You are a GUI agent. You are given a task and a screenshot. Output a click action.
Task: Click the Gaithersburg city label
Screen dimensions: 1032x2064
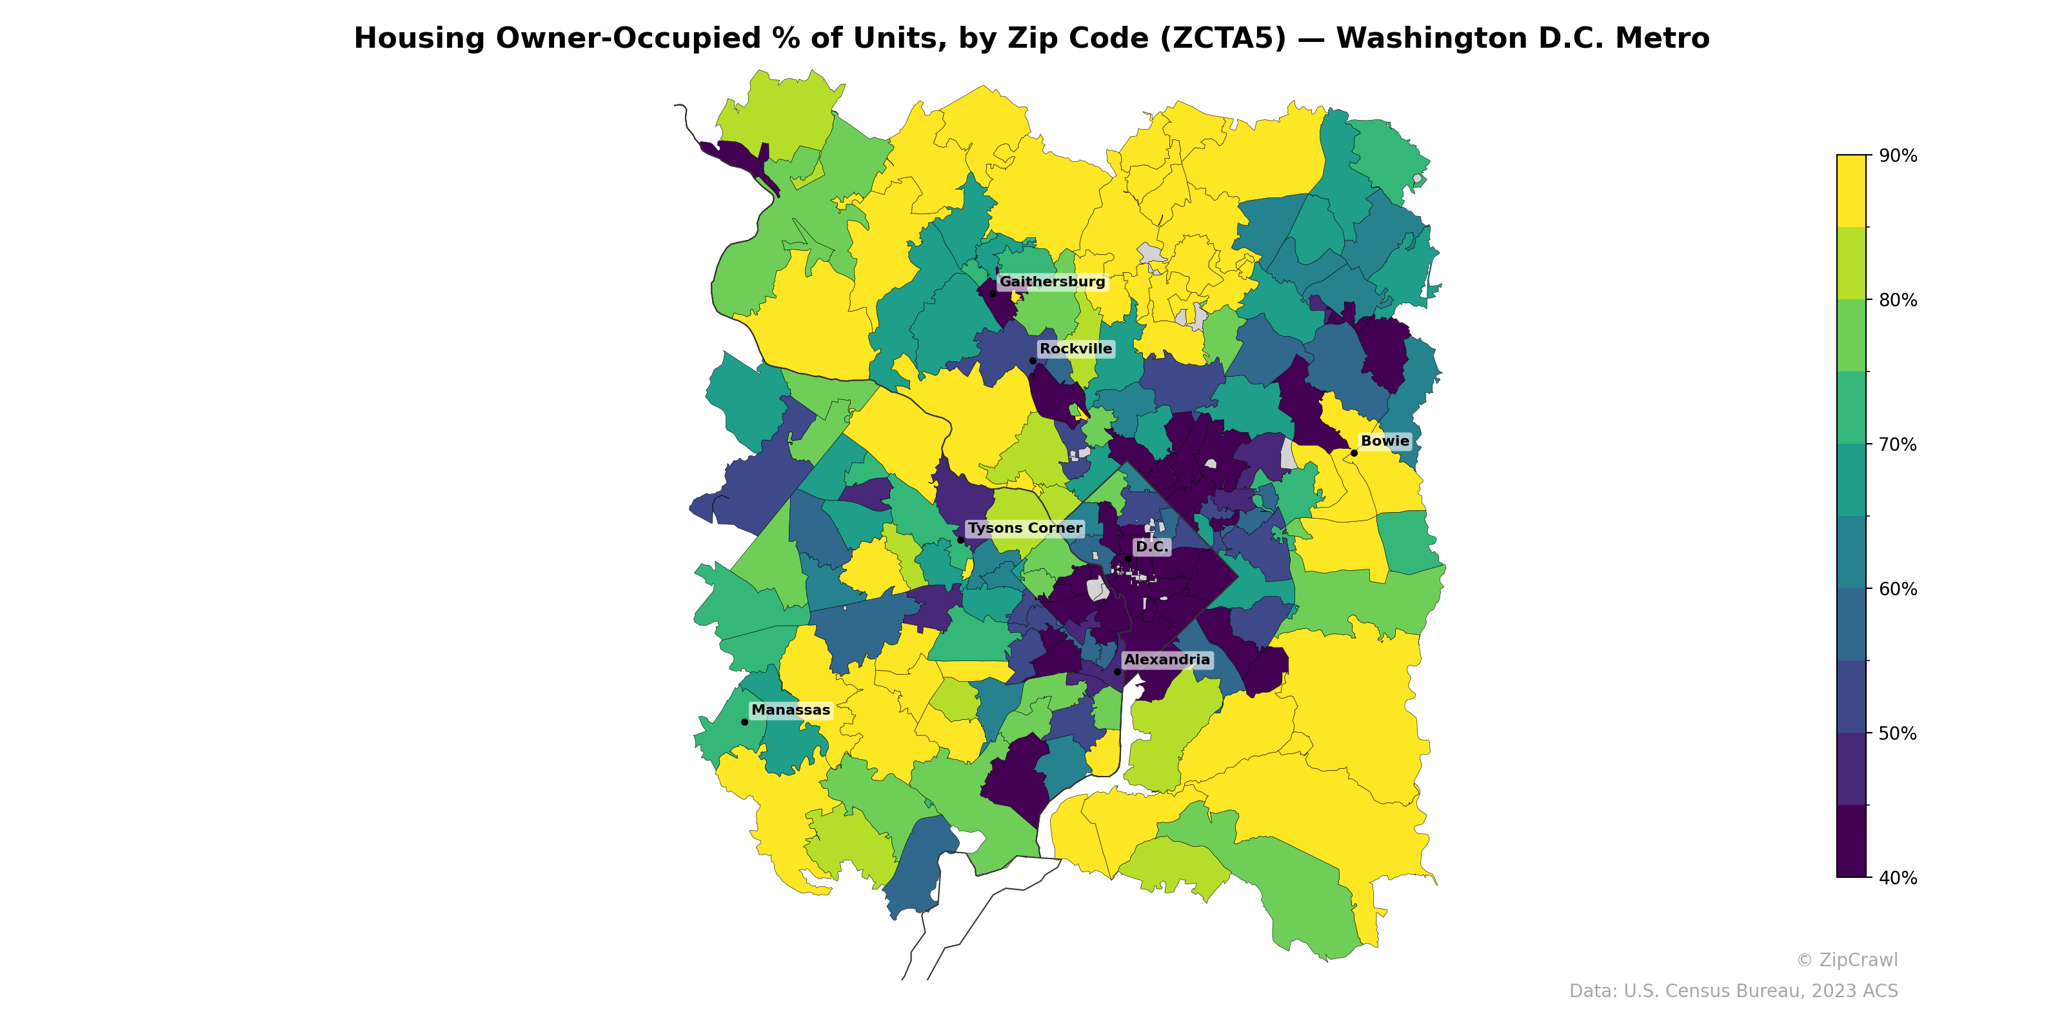point(1051,282)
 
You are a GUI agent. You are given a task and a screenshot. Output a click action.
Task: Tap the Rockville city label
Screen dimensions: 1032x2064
point(1075,350)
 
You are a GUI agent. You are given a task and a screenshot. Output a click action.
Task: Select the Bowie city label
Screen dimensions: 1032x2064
point(1385,441)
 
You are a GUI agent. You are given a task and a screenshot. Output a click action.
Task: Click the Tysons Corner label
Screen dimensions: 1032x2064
point(1025,529)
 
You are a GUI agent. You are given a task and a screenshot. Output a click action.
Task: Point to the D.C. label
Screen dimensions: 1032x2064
point(1151,547)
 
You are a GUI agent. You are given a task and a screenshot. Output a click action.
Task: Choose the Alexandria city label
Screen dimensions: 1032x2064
point(1167,660)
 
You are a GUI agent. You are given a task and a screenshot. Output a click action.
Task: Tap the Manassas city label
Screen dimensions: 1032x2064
point(791,711)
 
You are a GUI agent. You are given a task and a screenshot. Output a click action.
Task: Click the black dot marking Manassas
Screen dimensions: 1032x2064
point(744,722)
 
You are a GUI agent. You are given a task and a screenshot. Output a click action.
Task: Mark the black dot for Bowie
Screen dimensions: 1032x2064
point(1354,453)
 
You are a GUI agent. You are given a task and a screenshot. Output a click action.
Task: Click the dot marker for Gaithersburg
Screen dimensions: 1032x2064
point(993,293)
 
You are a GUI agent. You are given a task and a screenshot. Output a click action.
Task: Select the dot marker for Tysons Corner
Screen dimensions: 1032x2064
point(960,540)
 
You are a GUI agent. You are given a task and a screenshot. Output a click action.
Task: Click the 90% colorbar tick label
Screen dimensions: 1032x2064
point(1898,156)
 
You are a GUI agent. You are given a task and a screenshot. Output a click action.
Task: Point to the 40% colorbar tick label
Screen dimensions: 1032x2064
point(1898,878)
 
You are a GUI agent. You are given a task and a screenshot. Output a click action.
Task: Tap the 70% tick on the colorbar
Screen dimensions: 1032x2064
point(1898,444)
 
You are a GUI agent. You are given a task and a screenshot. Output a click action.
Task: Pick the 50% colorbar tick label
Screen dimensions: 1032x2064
point(1898,734)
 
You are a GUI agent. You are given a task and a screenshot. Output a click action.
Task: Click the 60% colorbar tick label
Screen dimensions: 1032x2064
point(1898,590)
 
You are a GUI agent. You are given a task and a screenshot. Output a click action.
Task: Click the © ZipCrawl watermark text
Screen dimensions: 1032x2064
point(1846,960)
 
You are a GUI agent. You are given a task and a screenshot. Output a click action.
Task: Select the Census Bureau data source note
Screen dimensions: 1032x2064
point(1732,991)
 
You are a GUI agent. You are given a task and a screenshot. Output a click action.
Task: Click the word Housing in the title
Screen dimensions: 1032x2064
point(419,39)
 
